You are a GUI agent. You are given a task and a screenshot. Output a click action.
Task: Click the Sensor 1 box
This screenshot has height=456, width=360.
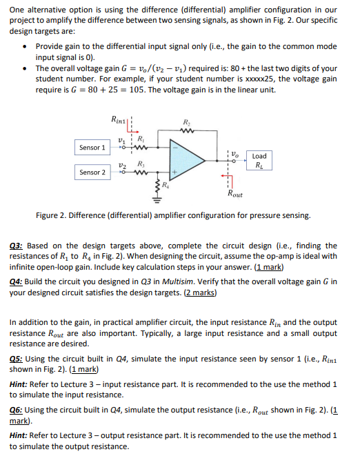[x=93, y=148]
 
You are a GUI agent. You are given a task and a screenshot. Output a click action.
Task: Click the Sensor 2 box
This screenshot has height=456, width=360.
[x=93, y=172]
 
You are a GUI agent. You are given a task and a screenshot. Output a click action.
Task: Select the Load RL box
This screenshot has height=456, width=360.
[x=259, y=161]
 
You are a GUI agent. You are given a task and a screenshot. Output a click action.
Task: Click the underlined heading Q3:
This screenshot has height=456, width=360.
[x=19, y=246]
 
